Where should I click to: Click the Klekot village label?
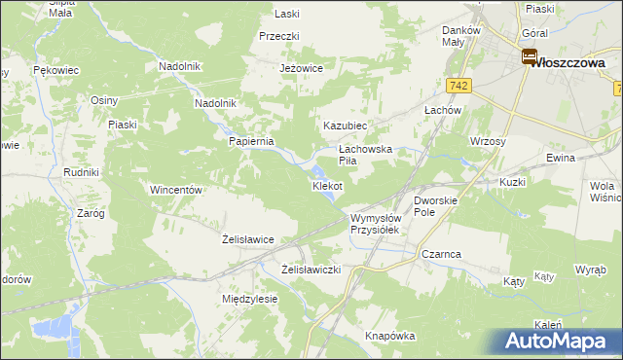point(327,185)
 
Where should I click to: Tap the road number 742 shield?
point(460,87)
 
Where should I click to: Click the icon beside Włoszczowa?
point(530,58)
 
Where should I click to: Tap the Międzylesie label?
point(250,299)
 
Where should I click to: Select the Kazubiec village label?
point(345,126)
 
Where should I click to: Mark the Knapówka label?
point(390,336)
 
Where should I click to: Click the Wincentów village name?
point(175,190)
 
